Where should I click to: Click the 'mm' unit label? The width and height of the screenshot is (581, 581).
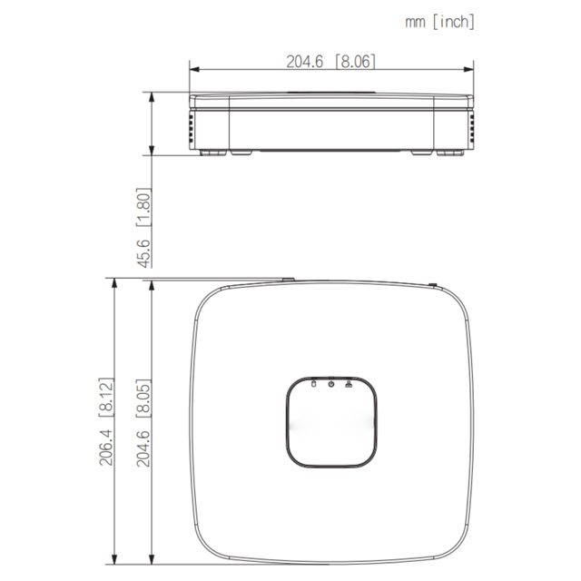[x=415, y=22]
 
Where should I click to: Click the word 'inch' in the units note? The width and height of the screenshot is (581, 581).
[x=454, y=22]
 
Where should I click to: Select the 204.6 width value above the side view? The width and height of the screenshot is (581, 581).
[x=305, y=61]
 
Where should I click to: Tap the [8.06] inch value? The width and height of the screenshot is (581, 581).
[x=355, y=61]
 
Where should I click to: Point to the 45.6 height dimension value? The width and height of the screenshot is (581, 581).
[x=144, y=253]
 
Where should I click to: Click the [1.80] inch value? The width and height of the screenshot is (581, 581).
[x=144, y=208]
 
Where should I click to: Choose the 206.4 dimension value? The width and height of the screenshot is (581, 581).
[x=106, y=448]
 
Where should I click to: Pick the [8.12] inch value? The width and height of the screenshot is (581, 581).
[x=106, y=398]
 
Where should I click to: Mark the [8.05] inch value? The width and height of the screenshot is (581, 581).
[x=144, y=399]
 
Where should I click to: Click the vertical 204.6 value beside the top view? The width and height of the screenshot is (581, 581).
[x=144, y=448]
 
